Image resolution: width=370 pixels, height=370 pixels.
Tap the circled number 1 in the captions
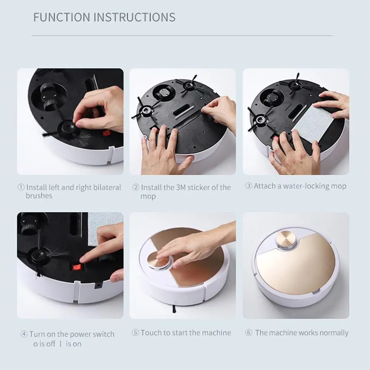[x=21, y=187]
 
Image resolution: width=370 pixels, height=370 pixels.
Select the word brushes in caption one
[x=39, y=196]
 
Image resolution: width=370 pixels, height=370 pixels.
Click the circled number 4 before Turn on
[x=24, y=335]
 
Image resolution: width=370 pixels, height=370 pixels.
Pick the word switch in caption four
[x=102, y=335]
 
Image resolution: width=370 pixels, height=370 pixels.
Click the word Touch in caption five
[x=151, y=333]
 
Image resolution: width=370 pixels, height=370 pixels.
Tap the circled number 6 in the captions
[x=249, y=333]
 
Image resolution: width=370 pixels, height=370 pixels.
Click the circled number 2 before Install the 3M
[x=136, y=187]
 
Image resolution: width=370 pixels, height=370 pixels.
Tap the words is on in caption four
[x=74, y=344]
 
